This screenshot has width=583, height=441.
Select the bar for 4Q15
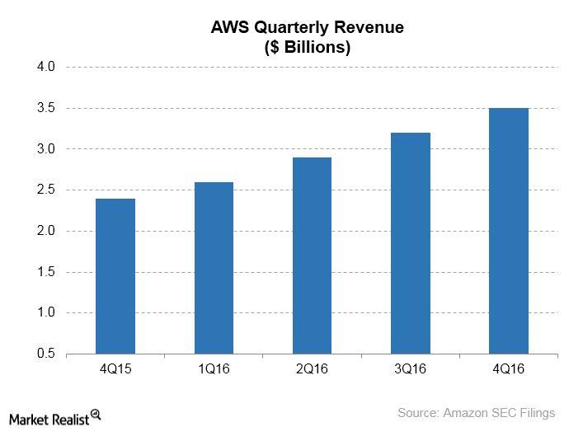pyautogui.click(x=115, y=276)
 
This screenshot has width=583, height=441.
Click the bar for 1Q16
pyautogui.click(x=214, y=268)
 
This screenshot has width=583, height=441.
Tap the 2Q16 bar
pyautogui.click(x=312, y=256)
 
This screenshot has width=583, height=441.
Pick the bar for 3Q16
pyautogui.click(x=410, y=243)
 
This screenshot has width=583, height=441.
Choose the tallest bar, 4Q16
pyautogui.click(x=508, y=231)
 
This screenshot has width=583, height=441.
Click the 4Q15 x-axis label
pyautogui.click(x=115, y=369)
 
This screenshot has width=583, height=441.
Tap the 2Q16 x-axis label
pyautogui.click(x=312, y=369)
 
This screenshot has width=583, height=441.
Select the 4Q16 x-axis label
pyautogui.click(x=508, y=369)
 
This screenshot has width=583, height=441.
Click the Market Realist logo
pyautogui.click(x=54, y=418)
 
